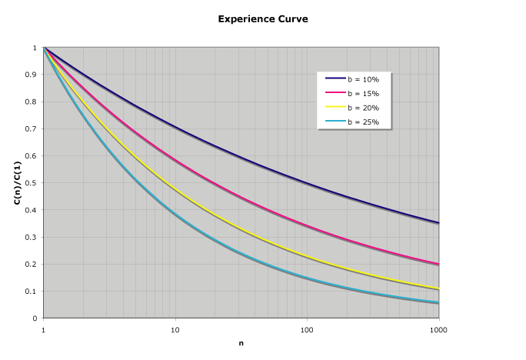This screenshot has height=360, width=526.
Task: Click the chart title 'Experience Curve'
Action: [x=263, y=18]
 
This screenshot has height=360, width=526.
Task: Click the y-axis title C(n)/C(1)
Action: [x=16, y=183]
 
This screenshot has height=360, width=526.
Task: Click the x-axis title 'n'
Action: [x=241, y=343]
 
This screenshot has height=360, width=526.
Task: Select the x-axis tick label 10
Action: [x=175, y=328]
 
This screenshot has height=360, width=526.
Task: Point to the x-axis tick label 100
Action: [x=307, y=328]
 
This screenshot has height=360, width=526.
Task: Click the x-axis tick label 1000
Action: [x=438, y=328]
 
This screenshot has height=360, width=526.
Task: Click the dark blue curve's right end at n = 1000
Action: [x=438, y=222]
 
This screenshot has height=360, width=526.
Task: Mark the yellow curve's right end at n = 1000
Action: [x=438, y=289]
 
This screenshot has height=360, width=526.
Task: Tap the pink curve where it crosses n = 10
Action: [x=175, y=161]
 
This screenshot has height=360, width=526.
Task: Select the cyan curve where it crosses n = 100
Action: [x=307, y=278]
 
